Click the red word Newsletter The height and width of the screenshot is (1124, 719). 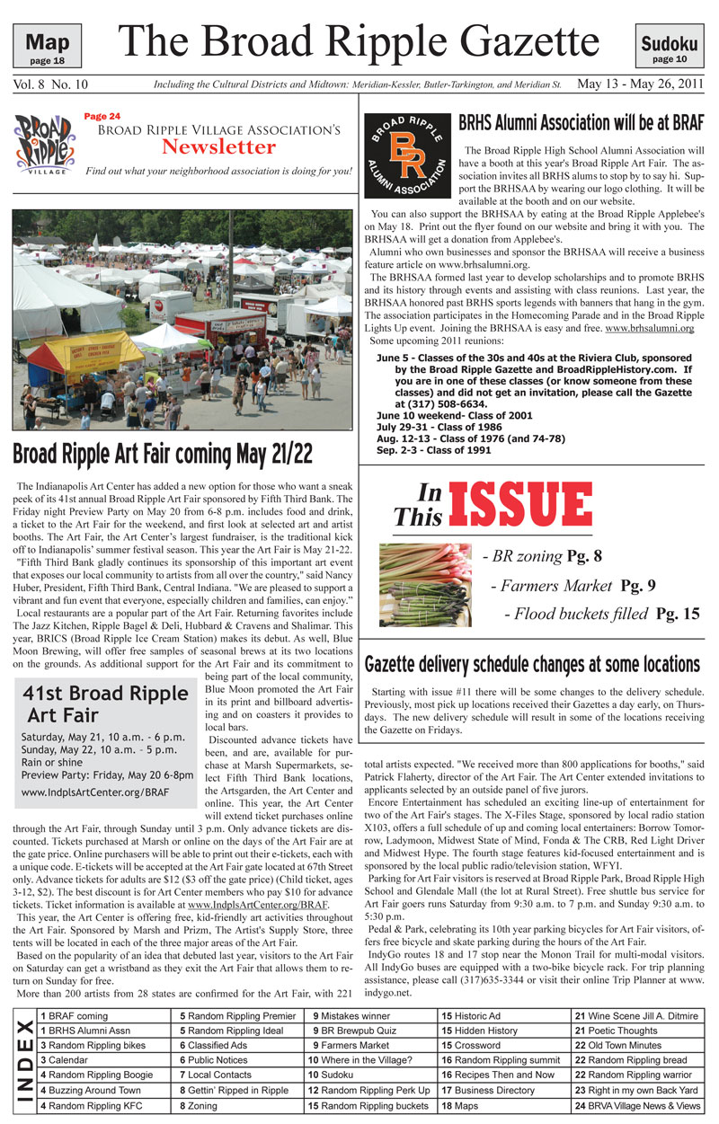218,146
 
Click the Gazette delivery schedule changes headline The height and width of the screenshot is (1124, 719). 532,664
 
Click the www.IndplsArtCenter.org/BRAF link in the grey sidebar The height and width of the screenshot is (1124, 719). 95,793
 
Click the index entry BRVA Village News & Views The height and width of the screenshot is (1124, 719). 637,1105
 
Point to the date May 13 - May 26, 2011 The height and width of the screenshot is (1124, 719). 640,84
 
